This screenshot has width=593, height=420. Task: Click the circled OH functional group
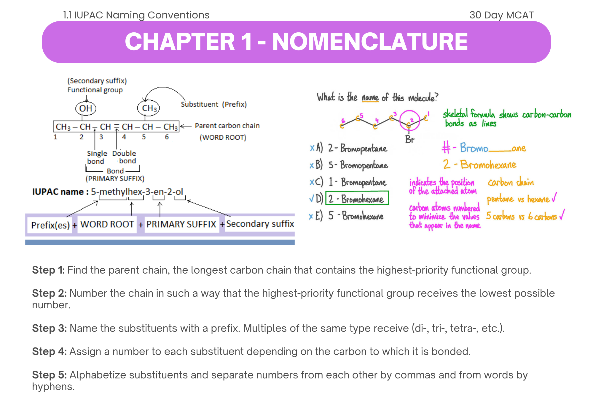tap(86, 108)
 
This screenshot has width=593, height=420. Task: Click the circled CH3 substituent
tap(149, 108)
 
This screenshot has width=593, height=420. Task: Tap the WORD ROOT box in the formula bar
tap(107, 224)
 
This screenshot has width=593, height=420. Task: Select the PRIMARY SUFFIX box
tap(181, 224)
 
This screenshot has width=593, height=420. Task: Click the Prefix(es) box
tap(50, 225)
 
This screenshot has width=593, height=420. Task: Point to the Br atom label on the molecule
tap(409, 139)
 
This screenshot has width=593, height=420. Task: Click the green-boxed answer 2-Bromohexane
tap(357, 198)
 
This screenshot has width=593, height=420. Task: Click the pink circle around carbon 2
tap(409, 120)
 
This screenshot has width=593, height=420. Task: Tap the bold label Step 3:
tap(49, 328)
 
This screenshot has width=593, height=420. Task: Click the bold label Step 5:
tap(49, 375)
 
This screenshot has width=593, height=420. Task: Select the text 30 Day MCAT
tap(501, 15)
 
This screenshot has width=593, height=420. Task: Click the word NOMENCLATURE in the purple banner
tap(370, 42)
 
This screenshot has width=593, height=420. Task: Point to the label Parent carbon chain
tap(227, 126)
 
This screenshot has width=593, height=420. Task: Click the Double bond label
tap(124, 157)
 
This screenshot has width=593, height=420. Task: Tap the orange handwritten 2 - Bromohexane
tap(480, 164)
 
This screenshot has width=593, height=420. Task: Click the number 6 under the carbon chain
tap(167, 137)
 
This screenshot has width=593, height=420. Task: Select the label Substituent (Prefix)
tap(213, 104)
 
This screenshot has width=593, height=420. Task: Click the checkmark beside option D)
tap(311, 198)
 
